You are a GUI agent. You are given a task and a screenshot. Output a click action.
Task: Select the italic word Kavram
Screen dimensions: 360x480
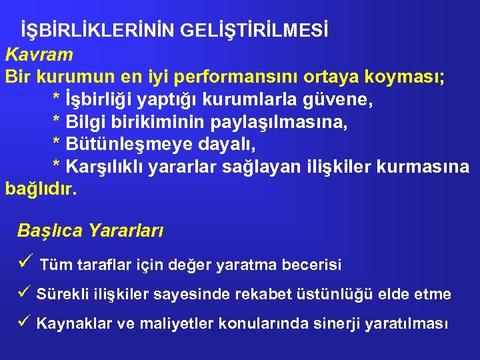(x=39, y=53)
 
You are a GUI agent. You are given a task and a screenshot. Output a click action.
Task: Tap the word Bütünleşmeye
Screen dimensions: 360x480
(x=124, y=145)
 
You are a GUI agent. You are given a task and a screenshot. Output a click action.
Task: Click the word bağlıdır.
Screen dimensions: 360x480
(x=41, y=189)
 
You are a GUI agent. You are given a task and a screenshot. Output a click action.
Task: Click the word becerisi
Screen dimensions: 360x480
(x=313, y=265)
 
